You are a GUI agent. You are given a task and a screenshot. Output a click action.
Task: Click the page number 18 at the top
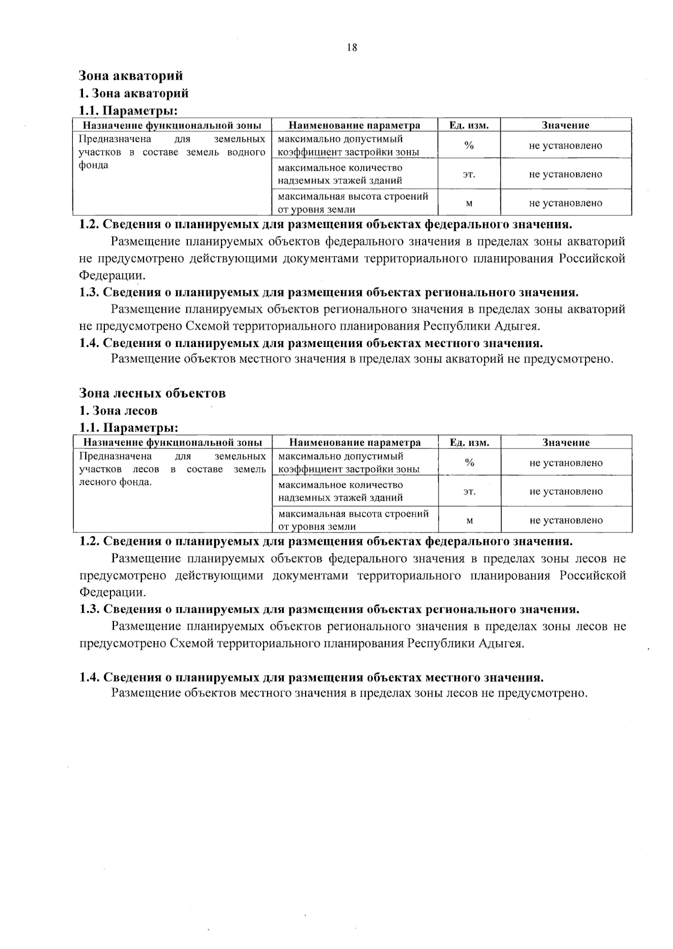pos(352,48)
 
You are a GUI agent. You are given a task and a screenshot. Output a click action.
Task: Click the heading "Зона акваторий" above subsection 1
pos(131,76)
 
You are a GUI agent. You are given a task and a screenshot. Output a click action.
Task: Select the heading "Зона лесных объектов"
pos(153,393)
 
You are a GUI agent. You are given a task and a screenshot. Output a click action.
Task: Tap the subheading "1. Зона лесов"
pos(118,411)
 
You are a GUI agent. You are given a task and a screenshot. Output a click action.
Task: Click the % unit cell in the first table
pos(469,146)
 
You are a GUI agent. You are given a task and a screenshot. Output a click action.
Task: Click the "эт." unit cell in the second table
pos(469,492)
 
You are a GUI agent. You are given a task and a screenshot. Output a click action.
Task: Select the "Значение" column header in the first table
pos(565,125)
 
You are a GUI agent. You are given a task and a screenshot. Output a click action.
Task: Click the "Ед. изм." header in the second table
pos(469,442)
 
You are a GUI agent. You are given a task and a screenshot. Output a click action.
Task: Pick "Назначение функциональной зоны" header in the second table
pos(173,442)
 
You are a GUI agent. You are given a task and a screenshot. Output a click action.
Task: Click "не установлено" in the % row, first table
pos(565,146)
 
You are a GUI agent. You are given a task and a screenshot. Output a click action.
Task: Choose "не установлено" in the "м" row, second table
pos(566,520)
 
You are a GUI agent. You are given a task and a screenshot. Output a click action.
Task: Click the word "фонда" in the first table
pos(94,165)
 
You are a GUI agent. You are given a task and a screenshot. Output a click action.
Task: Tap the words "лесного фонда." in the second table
pos(116,482)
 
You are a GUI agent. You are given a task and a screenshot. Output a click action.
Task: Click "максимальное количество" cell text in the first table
pos(340,168)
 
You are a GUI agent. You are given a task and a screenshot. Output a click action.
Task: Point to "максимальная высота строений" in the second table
pos(353,513)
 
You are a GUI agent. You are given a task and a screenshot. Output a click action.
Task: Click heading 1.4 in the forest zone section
pos(311,677)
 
